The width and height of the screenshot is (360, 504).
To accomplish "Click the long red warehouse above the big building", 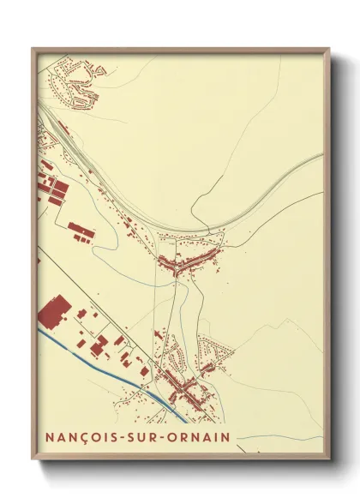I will (x=81, y=230).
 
